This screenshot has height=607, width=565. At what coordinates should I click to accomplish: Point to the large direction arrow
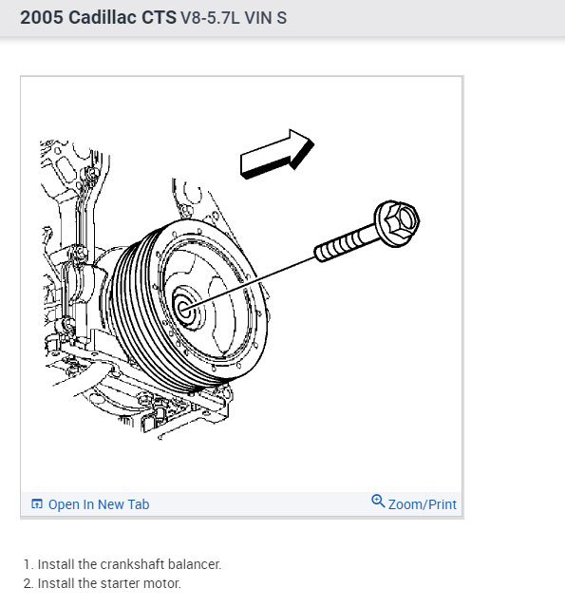[x=276, y=155]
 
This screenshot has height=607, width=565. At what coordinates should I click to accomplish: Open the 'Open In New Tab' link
[x=98, y=504]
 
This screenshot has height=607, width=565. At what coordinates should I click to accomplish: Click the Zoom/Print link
[x=422, y=504]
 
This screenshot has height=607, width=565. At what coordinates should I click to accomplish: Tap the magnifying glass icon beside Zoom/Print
[x=378, y=503]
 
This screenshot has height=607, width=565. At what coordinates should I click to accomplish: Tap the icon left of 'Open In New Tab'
[x=37, y=504]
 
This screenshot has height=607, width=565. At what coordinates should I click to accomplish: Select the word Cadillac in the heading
[x=103, y=17]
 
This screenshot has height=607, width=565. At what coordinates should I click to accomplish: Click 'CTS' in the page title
[x=159, y=17]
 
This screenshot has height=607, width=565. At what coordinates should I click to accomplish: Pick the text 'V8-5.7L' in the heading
[x=212, y=18]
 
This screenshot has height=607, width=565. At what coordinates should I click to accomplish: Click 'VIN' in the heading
[x=260, y=18]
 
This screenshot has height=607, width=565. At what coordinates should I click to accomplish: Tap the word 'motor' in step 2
[x=162, y=583]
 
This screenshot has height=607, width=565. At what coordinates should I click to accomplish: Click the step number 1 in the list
[x=28, y=564]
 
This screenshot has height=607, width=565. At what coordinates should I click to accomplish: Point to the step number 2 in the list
[x=28, y=583]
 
